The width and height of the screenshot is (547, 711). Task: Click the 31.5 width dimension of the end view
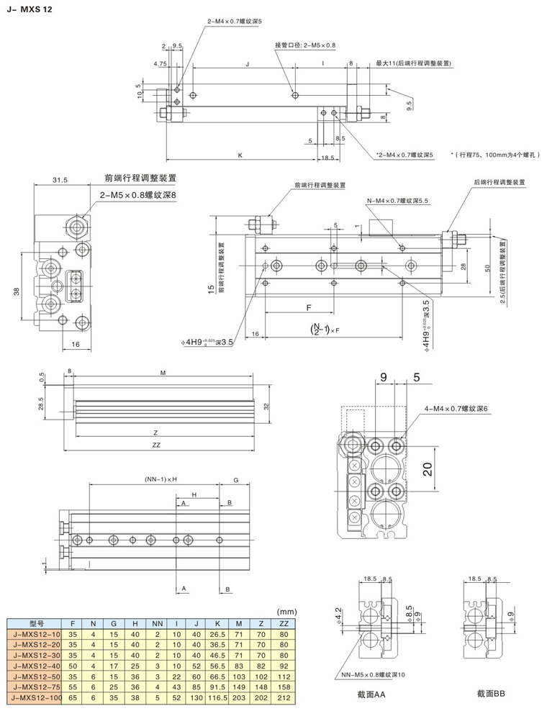(60, 181)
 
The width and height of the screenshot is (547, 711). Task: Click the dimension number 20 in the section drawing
(425, 469)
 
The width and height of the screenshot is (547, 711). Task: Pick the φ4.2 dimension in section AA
(340, 614)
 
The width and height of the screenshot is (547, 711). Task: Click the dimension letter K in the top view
(240, 155)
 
